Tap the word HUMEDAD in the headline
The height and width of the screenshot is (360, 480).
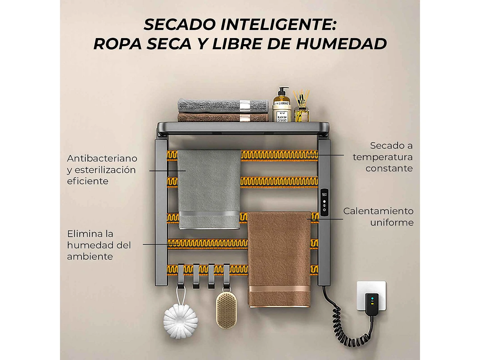tap(341, 44)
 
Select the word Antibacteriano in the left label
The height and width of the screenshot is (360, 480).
tap(102, 158)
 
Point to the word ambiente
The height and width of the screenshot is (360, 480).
tap(90, 257)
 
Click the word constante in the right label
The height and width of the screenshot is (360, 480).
tap(389, 169)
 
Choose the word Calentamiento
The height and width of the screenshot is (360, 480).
tap(378, 211)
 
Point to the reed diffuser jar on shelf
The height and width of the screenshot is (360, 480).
tap(301, 108)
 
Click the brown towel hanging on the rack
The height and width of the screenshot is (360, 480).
tap(279, 258)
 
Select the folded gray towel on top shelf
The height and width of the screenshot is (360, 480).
tap(223, 106)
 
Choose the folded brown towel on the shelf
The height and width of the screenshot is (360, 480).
tap(223, 118)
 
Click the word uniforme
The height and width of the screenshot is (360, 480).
tap(392, 223)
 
